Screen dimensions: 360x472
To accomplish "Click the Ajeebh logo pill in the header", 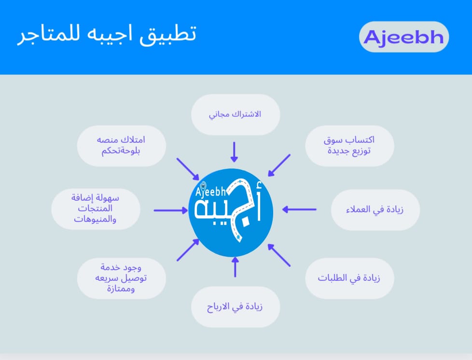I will click(404, 37).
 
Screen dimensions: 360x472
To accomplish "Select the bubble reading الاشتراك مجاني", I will click(236, 114).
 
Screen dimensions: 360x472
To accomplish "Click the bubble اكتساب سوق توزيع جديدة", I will click(349, 145).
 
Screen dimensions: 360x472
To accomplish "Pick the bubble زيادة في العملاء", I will click(375, 209).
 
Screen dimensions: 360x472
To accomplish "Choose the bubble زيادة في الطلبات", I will click(349, 278).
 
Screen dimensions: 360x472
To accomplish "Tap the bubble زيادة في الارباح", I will click(236, 307).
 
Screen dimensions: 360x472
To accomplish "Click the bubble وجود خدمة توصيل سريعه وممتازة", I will click(121, 278).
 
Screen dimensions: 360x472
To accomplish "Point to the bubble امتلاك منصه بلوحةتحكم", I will click(121, 145).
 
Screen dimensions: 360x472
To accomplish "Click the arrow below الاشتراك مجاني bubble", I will click(235, 152).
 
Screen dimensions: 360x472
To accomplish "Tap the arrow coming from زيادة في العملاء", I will click(300, 209).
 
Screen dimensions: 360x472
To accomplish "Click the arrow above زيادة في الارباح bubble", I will click(235, 267).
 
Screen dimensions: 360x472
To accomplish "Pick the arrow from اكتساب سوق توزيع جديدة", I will click(279, 166).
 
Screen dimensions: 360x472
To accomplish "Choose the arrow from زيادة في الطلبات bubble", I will click(279, 255).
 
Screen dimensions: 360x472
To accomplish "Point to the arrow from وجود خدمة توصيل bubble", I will click(188, 250).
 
